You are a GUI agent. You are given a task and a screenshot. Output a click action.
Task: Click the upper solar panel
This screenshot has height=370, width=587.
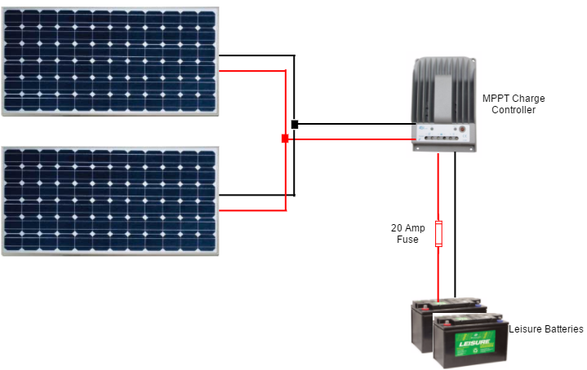[x=109, y=61]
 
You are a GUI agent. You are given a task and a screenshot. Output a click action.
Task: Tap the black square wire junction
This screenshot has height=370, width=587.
[x=295, y=125]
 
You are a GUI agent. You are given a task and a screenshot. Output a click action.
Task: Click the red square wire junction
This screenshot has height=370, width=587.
[x=285, y=139]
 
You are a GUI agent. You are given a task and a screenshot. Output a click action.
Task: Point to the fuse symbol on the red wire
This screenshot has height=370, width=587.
[x=438, y=234]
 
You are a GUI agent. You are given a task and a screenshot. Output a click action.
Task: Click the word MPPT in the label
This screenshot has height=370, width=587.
[x=495, y=99]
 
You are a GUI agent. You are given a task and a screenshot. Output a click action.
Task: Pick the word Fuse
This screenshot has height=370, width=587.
[x=407, y=240]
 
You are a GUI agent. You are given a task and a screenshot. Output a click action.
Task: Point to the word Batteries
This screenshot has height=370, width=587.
[x=564, y=329]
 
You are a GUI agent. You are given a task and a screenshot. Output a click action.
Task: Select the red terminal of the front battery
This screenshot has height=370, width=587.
[x=448, y=318]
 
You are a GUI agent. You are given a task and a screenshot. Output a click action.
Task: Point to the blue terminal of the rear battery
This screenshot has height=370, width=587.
[x=473, y=305]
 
